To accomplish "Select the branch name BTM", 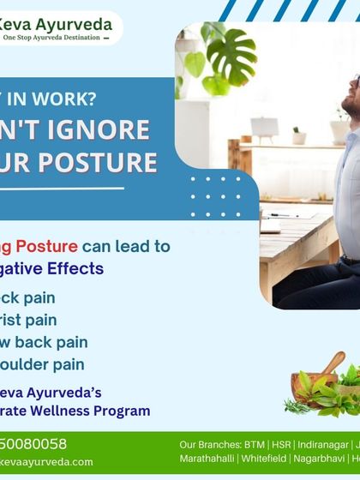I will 252,445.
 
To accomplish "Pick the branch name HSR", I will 280,445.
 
